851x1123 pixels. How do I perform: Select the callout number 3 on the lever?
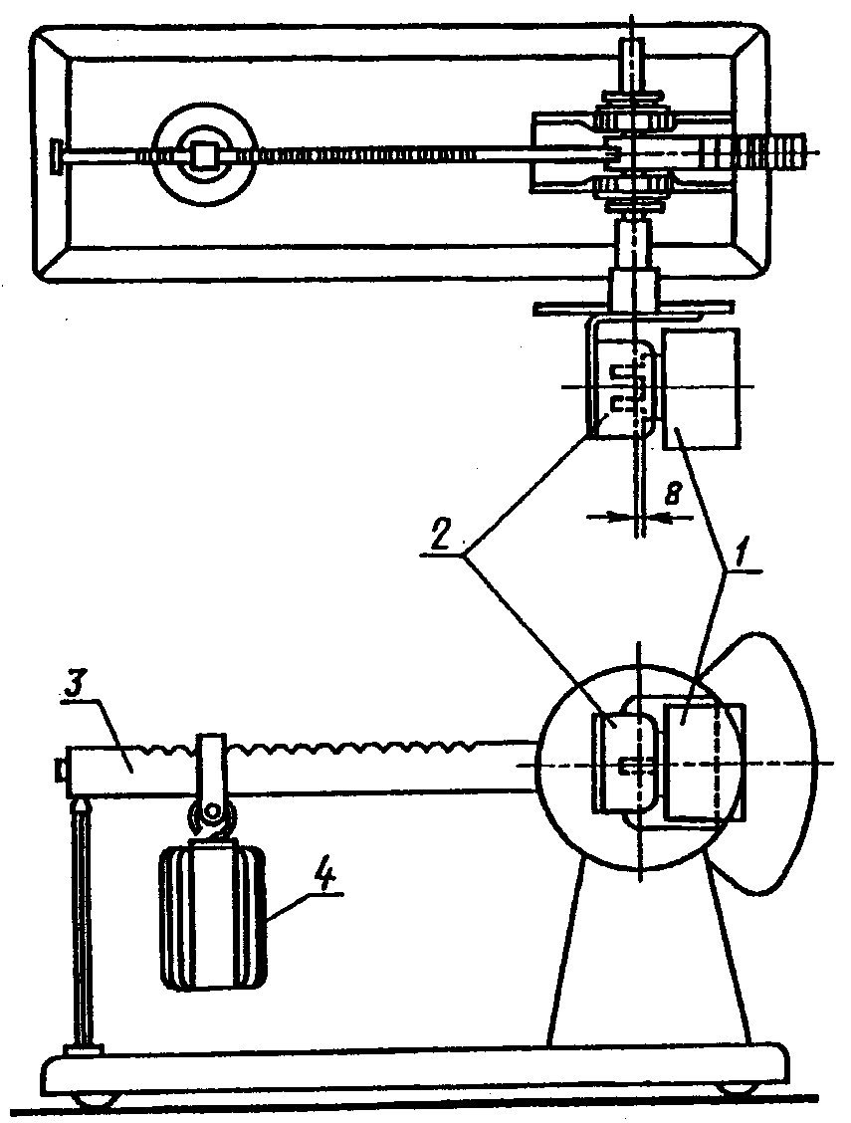point(75,688)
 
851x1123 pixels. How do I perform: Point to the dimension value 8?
point(671,494)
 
